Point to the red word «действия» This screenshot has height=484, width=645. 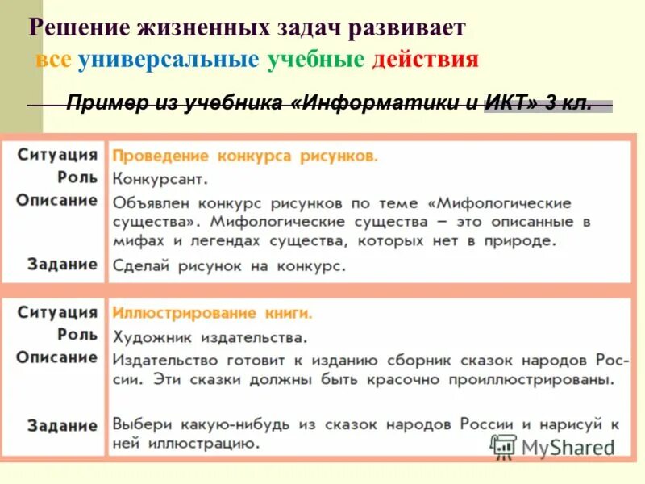click(425, 60)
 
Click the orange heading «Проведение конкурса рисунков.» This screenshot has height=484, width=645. click(245, 156)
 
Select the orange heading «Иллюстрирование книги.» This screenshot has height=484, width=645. click(212, 313)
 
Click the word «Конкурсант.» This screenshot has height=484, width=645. click(160, 178)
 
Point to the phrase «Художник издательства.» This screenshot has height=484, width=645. click(210, 336)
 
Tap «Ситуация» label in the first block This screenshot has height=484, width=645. click(57, 155)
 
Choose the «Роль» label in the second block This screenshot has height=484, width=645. click(77, 334)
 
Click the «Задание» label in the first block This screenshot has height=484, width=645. click(62, 264)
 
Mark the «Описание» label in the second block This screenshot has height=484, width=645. click(57, 357)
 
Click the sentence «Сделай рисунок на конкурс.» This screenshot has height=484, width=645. click(229, 265)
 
